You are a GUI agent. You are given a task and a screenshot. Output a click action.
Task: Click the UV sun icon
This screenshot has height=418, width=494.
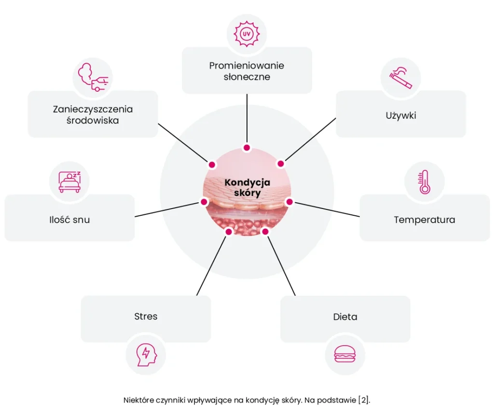point(247,33)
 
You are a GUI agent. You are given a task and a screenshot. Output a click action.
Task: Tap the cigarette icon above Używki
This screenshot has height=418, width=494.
point(400,77)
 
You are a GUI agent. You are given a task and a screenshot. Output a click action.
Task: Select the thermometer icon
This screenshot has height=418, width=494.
point(425,182)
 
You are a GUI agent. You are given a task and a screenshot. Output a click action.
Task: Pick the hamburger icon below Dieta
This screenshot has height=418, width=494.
point(345,355)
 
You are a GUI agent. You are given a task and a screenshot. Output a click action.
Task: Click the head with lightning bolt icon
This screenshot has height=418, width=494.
point(146,355)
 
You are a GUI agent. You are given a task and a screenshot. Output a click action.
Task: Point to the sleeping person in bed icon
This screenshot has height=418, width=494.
point(70,181)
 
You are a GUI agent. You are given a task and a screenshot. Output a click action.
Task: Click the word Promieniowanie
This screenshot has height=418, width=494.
point(247,65)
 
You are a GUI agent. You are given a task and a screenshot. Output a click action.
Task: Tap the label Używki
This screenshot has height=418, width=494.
point(400,115)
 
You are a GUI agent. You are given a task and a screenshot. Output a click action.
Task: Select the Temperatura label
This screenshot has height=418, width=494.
point(424,220)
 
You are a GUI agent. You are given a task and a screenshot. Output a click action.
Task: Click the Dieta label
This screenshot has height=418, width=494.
point(345,317)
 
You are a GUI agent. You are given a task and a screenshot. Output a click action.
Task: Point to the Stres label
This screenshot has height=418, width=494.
point(146,317)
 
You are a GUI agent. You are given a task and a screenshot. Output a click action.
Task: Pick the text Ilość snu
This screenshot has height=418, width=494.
point(69,220)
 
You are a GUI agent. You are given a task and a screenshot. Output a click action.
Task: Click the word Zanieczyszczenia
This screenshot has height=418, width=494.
point(93,109)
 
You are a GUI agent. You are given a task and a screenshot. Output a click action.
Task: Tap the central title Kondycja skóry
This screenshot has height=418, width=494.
point(247,187)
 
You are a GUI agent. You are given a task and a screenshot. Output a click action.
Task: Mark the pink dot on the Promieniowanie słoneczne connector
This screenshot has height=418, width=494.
point(247,148)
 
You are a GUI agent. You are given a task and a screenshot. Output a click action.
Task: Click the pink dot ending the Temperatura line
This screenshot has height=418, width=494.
point(289,201)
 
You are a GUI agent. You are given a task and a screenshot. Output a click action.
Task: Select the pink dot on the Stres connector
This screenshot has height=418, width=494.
point(229,232)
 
